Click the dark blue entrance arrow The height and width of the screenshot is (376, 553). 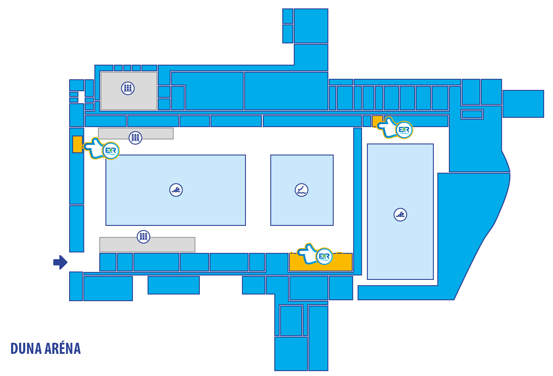[60, 262]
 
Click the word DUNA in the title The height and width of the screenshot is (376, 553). [26, 349]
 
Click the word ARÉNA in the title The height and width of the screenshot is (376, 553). [63, 348]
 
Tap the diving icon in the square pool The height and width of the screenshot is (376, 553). [301, 190]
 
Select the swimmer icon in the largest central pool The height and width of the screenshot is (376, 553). [176, 190]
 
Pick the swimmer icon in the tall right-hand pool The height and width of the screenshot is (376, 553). [400, 215]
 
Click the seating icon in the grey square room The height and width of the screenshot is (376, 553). [128, 88]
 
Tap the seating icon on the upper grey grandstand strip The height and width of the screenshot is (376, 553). [135, 138]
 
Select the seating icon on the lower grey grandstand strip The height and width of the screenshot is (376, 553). [144, 236]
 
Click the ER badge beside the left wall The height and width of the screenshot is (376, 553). [111, 151]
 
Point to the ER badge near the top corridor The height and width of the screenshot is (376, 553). [404, 130]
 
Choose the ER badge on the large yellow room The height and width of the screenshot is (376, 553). [324, 256]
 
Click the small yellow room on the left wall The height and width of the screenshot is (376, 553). [77, 144]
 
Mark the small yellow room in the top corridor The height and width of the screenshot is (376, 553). [378, 121]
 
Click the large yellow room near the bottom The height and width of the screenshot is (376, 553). [321, 262]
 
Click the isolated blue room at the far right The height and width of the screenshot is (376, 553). [523, 104]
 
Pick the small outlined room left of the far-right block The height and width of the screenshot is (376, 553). [472, 114]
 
